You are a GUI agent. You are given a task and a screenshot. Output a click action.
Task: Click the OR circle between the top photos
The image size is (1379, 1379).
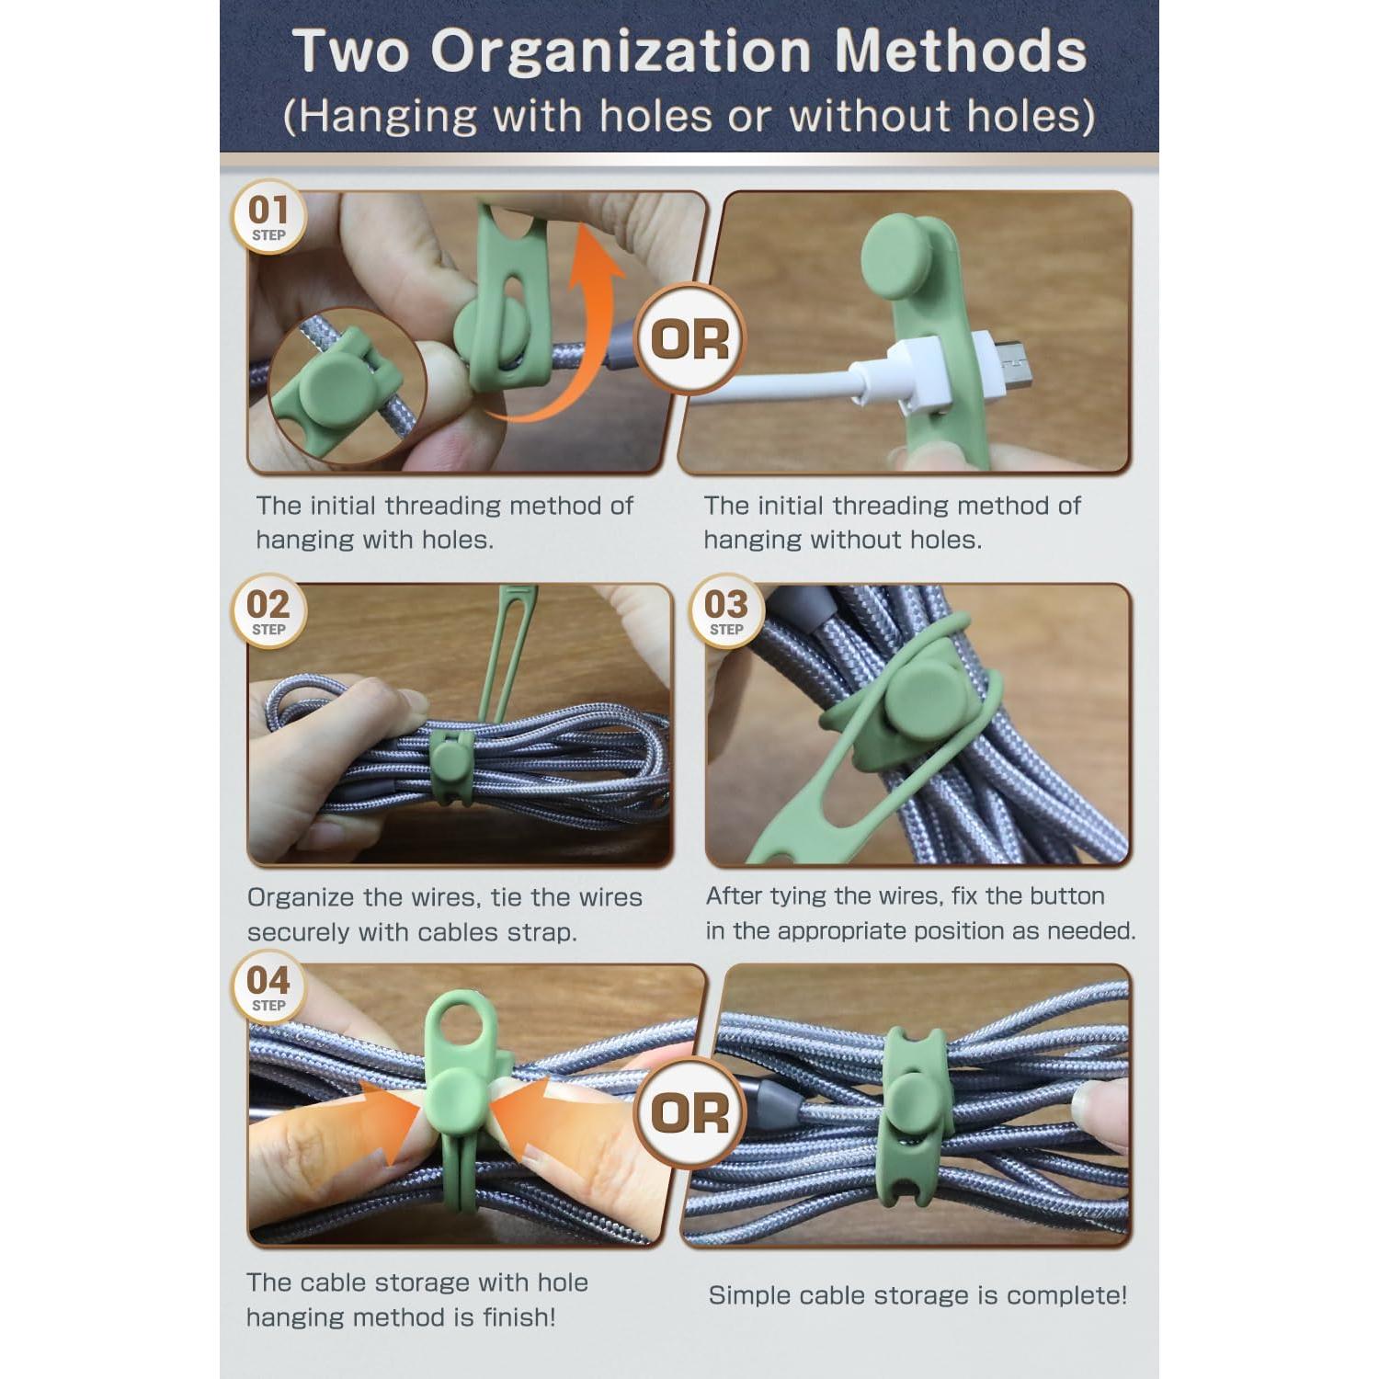[x=689, y=339]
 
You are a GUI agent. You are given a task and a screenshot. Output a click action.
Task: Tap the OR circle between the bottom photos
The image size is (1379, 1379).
[x=689, y=1113]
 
